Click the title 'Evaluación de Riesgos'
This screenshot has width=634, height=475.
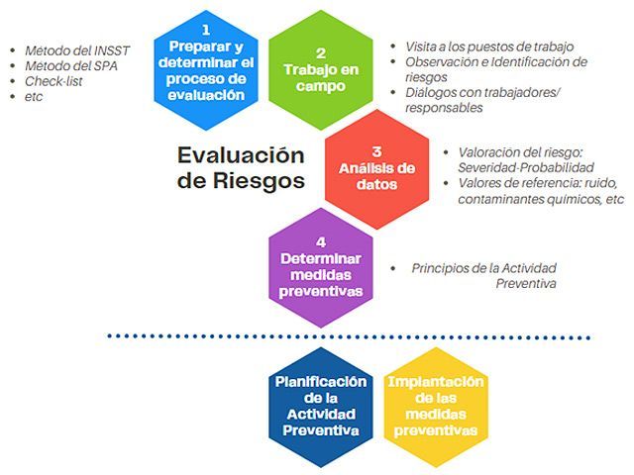241,168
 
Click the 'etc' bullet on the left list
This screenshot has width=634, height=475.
36,97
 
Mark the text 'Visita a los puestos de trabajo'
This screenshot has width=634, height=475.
488,47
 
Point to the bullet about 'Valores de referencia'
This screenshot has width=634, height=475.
540,191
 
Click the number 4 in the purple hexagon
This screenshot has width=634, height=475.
320,241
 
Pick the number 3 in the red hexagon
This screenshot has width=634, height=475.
376,151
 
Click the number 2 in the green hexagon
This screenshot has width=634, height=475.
320,52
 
